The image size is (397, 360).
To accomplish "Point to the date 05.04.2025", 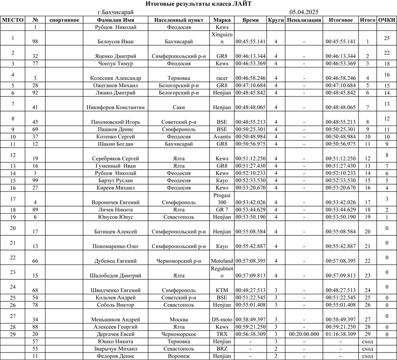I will [304, 12].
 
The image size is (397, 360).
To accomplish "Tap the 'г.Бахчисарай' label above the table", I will [116, 12].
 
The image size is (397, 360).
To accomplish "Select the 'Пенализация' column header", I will [303, 20].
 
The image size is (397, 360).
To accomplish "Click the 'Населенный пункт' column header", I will [179, 20].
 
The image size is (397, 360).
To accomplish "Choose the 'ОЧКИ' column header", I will [387, 20].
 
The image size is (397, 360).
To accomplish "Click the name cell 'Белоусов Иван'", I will [116, 41].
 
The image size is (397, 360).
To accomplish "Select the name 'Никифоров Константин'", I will [116, 107].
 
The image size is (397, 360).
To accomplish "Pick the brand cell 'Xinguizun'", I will [222, 38].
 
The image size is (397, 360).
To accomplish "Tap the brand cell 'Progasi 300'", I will [222, 198].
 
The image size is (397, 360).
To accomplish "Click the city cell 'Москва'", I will [179, 319].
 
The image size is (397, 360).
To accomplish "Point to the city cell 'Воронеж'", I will [179, 356].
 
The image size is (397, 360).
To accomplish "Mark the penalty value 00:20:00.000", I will [303, 334].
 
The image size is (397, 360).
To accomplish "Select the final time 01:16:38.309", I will [341, 334].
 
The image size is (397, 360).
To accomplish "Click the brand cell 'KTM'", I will [222, 290].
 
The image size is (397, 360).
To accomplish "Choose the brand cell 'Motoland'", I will [222, 261].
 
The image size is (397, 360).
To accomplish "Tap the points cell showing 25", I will [387, 38].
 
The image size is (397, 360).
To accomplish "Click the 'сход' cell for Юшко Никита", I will [367, 341].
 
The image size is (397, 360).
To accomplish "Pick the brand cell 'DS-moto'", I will [222, 319].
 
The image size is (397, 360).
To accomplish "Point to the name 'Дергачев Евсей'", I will [116, 334].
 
